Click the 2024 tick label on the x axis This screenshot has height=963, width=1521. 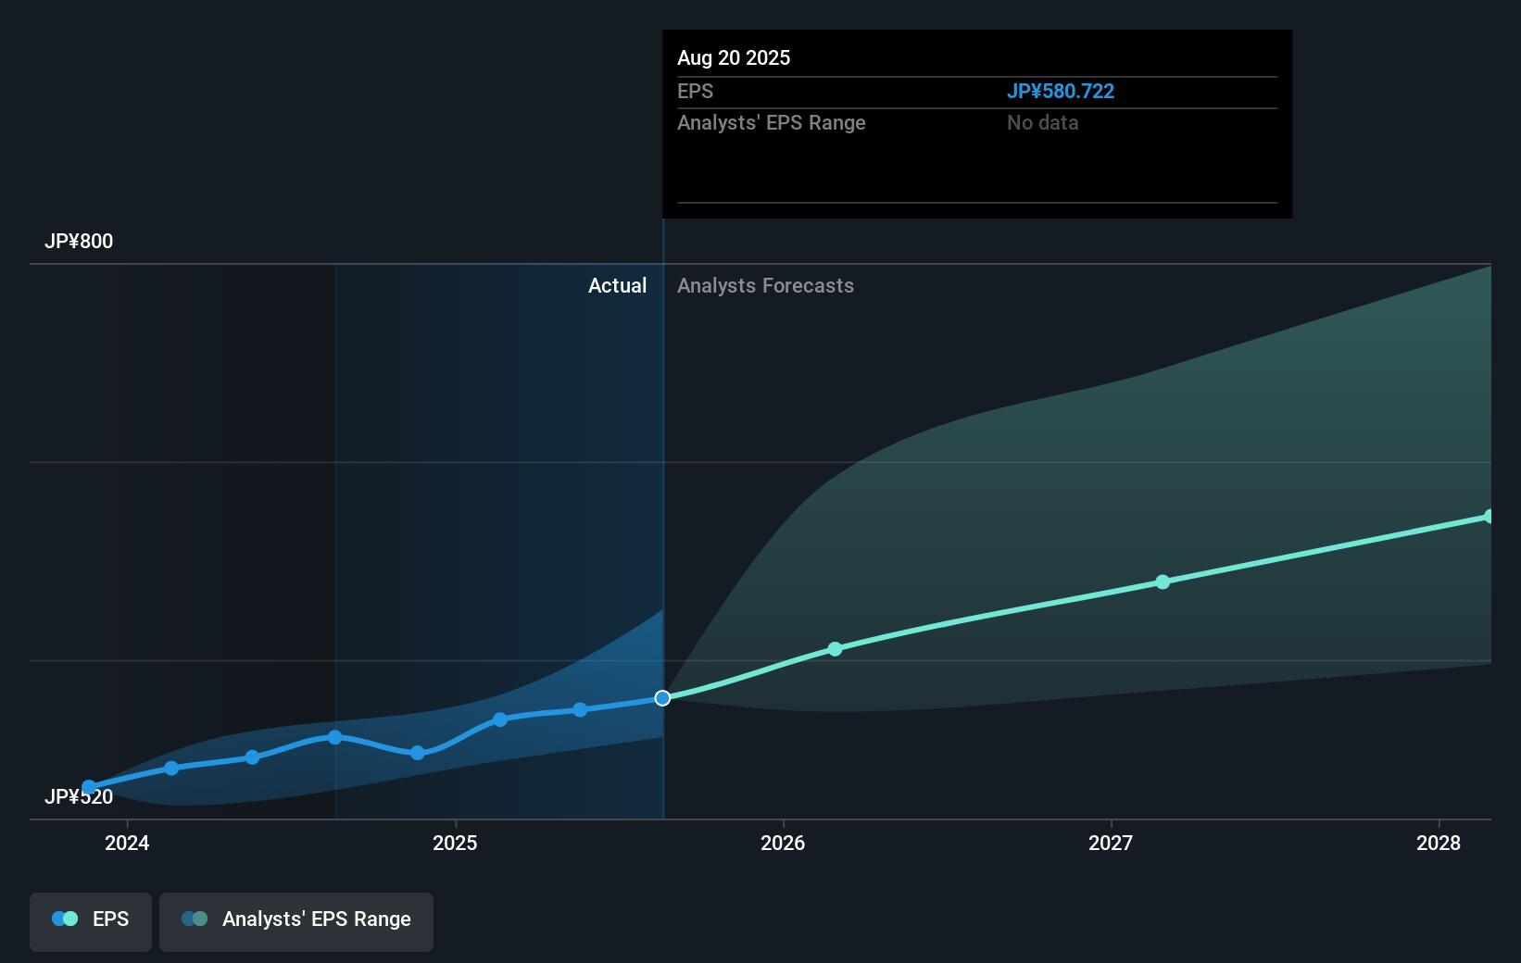tap(127, 843)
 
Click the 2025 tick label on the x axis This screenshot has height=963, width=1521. tap(455, 843)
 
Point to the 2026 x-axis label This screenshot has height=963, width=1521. tap(783, 843)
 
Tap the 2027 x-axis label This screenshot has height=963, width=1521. tap(1111, 843)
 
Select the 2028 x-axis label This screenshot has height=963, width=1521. tap(1439, 843)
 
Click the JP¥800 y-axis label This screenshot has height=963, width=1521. tap(79, 242)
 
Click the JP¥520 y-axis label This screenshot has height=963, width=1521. tap(79, 797)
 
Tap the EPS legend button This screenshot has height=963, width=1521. tap(91, 919)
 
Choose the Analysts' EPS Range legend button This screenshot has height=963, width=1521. tap(296, 919)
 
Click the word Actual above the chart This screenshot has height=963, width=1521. tap(617, 286)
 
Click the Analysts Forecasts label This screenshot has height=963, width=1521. tap(765, 286)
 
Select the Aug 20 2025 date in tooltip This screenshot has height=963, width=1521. tap(734, 58)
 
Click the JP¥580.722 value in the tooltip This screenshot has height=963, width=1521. tap(1060, 92)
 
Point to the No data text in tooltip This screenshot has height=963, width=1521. tap(1042, 123)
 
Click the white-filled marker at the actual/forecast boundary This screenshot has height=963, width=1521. tap(662, 698)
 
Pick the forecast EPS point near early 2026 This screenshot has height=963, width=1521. tap(835, 649)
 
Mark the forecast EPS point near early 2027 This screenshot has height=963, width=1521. tap(1163, 582)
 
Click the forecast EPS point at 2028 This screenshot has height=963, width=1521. tap(1489, 517)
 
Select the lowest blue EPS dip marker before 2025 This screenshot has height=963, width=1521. tap(418, 753)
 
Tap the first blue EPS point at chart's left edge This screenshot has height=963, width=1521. tap(89, 788)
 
